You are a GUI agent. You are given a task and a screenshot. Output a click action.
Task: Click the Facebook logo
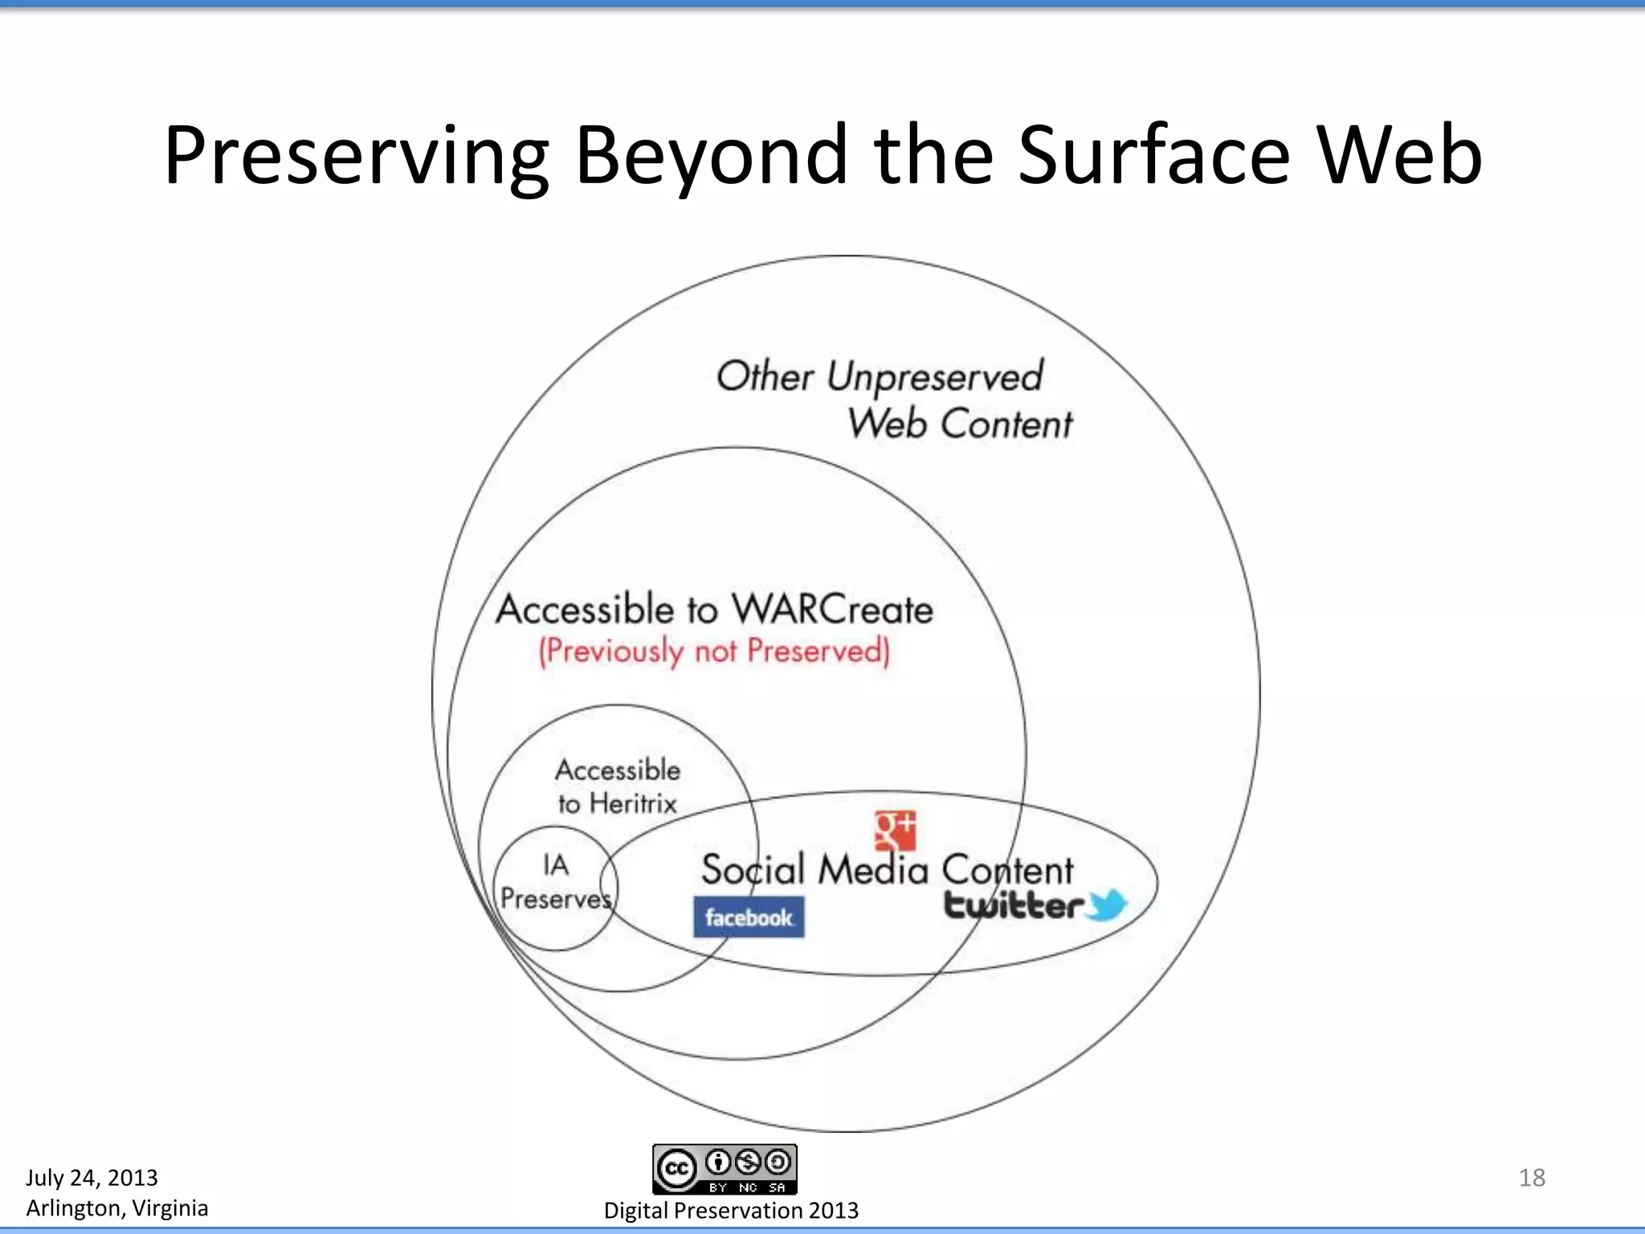(749, 917)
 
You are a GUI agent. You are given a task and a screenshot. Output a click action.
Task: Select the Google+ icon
(895, 830)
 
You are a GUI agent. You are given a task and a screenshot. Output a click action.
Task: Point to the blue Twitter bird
(1108, 905)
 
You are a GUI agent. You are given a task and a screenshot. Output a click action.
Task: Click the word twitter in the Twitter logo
(1014, 905)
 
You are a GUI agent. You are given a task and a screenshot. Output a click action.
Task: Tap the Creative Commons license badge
(725, 1169)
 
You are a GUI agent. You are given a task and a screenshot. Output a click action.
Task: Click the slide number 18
(1532, 1178)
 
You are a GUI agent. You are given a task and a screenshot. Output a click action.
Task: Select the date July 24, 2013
(92, 1178)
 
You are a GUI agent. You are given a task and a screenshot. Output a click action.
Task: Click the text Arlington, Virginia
(116, 1208)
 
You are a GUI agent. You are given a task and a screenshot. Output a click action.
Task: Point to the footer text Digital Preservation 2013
(731, 1211)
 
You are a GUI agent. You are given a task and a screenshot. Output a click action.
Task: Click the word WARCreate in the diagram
(832, 610)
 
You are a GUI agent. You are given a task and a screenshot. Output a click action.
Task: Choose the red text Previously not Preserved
(714, 651)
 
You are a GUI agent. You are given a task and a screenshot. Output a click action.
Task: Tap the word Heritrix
(633, 803)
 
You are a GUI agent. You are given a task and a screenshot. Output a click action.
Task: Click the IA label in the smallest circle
(556, 865)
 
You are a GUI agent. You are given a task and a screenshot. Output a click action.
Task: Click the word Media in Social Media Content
(873, 870)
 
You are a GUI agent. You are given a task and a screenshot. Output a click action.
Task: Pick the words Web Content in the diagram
(960, 423)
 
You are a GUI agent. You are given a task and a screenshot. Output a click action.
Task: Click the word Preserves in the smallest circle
(556, 898)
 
